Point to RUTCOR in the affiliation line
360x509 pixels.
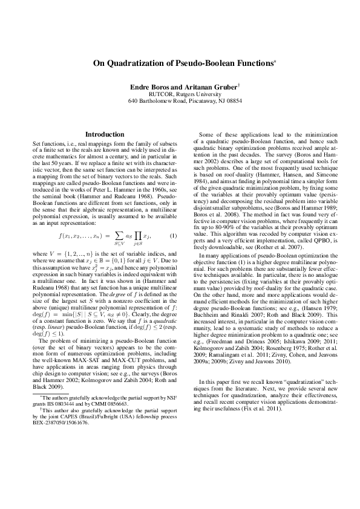pyautogui.click(x=160, y=94)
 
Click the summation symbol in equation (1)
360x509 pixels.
pyautogui.click(x=110, y=218)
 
